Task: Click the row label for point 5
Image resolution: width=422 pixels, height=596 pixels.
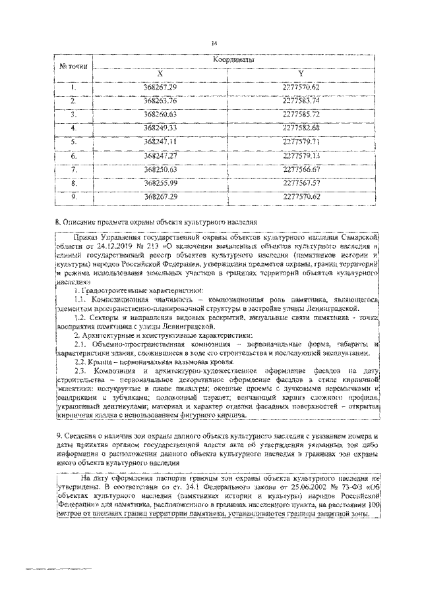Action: point(74,141)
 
